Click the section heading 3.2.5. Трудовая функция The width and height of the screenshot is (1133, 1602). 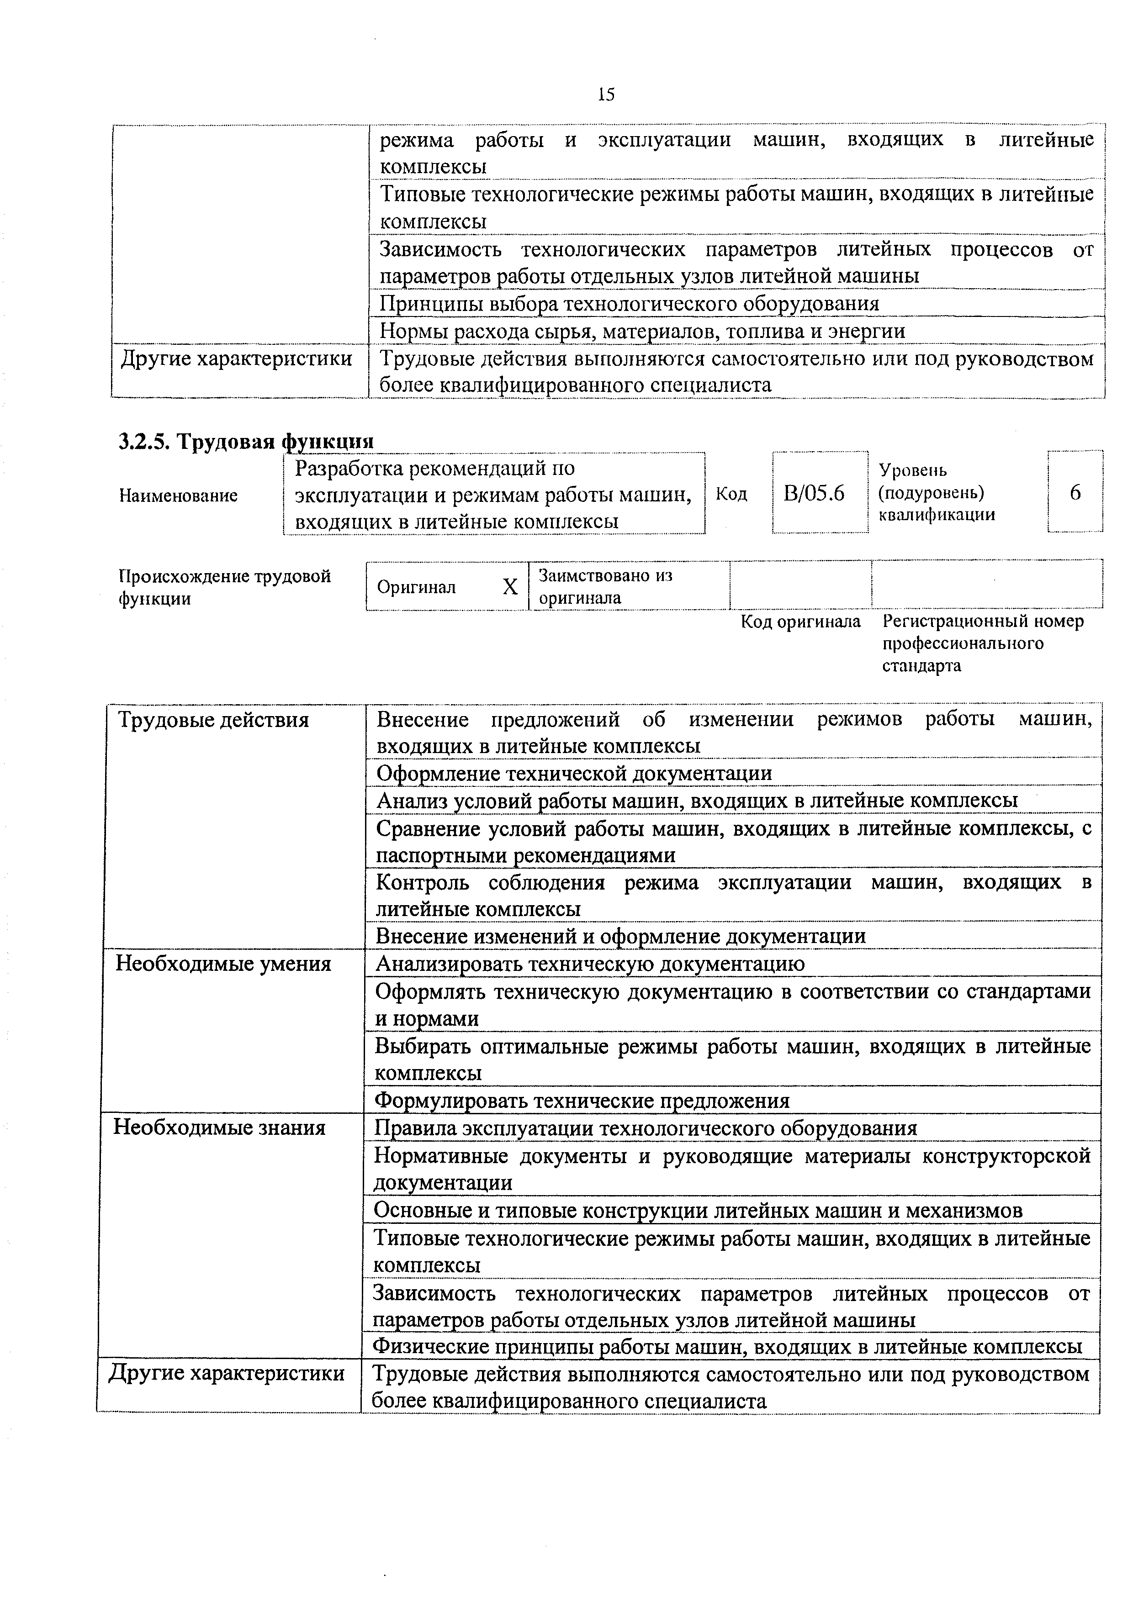246,441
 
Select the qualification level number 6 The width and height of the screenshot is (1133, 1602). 1075,493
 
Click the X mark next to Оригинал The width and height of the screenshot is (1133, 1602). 510,587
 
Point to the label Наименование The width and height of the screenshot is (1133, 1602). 179,495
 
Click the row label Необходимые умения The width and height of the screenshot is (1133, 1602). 223,964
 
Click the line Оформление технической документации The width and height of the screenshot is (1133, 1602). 574,773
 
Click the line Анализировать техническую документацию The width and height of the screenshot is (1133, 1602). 590,964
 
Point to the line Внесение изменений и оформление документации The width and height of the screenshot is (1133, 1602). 620,936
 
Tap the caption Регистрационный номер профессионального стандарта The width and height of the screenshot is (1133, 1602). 982,643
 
